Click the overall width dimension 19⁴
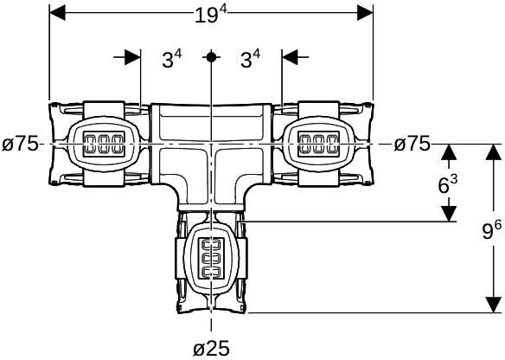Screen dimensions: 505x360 pos(211,15)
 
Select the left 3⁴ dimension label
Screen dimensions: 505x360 pos(172,59)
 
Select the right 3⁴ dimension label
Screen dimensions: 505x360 pos(250,59)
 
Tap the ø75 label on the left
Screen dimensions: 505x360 pos(20,144)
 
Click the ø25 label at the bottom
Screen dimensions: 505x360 pos(211,349)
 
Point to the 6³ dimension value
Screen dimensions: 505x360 pos(448,184)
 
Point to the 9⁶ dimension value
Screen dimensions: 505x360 pos(492,230)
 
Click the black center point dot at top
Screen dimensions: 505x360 pos(211,57)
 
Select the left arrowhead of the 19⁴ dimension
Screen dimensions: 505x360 pos(57,13)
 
